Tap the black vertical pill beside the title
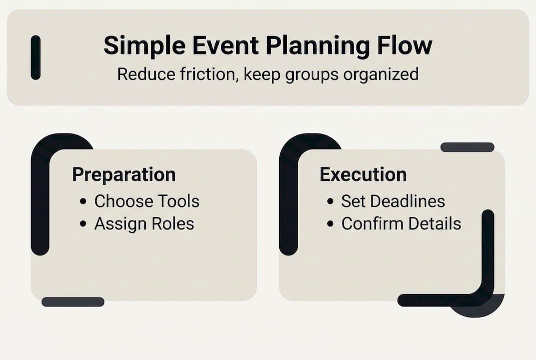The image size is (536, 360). (35, 57)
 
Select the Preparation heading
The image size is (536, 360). (124, 174)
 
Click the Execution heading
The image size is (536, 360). (363, 174)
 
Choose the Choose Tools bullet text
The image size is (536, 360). (147, 201)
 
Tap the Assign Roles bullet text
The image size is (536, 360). (144, 223)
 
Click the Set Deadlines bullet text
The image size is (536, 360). (393, 201)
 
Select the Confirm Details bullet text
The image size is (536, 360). (401, 223)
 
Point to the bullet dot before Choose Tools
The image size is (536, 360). (83, 202)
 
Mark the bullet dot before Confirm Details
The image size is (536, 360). (330, 224)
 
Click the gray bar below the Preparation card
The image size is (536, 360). (73, 302)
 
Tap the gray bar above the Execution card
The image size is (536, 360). (467, 147)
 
